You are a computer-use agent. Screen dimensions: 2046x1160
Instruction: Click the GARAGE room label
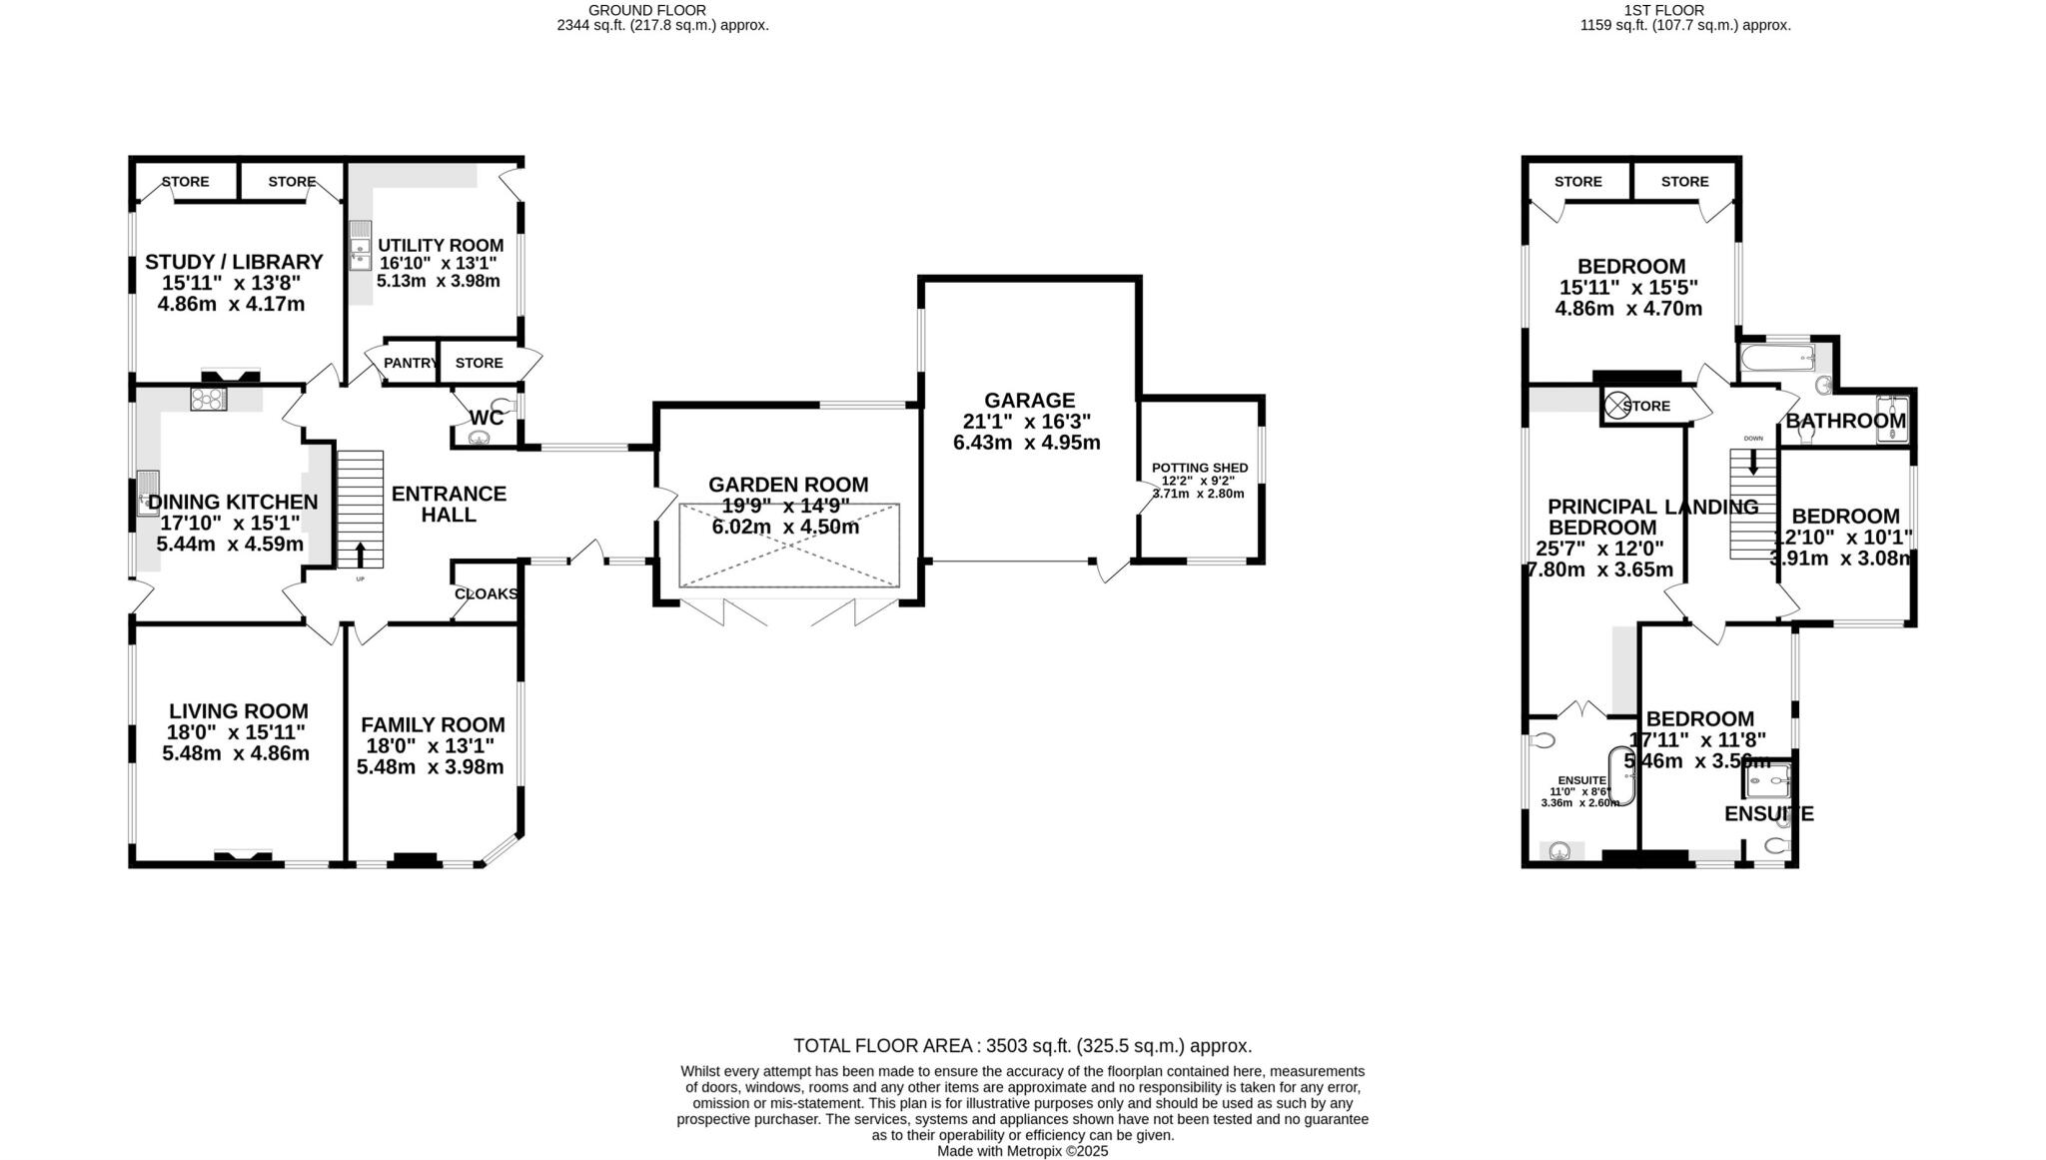(1028, 401)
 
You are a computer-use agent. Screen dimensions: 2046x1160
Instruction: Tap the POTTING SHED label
(1199, 468)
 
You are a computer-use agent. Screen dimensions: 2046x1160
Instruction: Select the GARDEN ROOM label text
(788, 485)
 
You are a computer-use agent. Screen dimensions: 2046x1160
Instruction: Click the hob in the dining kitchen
(209, 399)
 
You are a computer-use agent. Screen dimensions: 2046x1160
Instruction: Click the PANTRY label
(411, 363)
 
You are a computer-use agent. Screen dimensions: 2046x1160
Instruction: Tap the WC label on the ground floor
(486, 418)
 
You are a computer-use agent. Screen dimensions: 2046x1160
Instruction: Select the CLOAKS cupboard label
(486, 594)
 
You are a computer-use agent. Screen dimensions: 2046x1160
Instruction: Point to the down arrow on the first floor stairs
(1753, 462)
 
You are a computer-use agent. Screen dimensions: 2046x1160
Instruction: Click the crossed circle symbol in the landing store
(1615, 406)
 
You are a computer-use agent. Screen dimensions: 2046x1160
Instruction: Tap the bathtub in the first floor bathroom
(1778, 358)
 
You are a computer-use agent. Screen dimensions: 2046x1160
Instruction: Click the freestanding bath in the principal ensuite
(1620, 774)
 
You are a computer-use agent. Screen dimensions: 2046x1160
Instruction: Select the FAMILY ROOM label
(433, 725)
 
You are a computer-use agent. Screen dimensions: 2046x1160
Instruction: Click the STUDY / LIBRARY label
(234, 262)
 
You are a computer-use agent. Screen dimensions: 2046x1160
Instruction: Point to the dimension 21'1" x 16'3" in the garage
(1027, 422)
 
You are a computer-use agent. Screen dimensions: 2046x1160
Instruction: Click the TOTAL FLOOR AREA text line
(1022, 1046)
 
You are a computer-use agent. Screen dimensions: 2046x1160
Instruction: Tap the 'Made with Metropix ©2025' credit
(1022, 1151)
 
